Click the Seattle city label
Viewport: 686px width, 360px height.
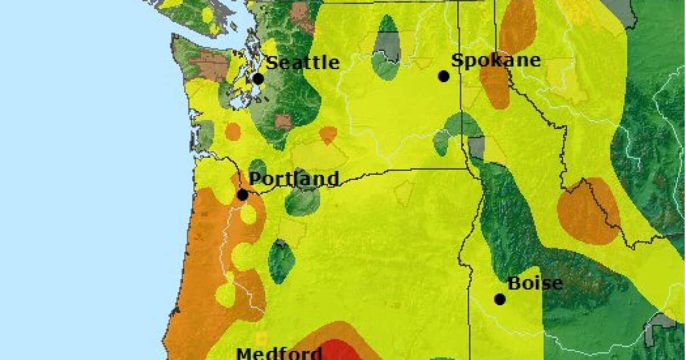[x=303, y=62]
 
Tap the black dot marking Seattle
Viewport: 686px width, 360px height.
[x=258, y=79]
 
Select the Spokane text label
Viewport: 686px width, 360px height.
[x=496, y=61]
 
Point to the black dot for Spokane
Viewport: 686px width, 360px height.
[x=444, y=76]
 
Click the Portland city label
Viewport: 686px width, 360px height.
[x=294, y=179]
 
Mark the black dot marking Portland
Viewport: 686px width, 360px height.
[x=242, y=195]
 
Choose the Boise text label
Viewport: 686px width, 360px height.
[x=535, y=283]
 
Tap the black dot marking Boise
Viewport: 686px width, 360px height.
[x=500, y=299]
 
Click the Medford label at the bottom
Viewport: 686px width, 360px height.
[x=278, y=353]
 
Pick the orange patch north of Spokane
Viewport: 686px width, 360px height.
[x=517, y=26]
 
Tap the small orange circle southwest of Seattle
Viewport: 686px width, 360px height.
[x=233, y=131]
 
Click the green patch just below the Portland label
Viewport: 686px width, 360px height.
[x=302, y=201]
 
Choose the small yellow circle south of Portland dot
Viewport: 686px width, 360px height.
[x=248, y=214]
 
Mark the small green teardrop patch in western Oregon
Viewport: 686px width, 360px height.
[x=281, y=262]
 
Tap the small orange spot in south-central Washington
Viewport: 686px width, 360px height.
[x=328, y=135]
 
